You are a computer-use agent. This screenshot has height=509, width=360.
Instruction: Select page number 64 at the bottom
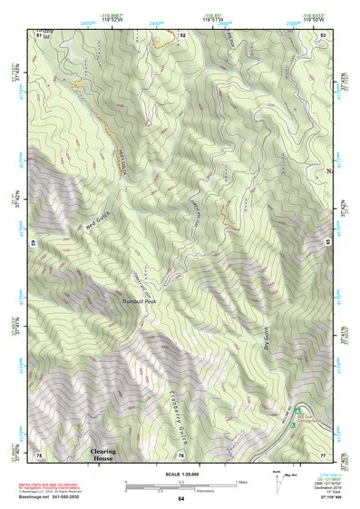[x=180, y=499]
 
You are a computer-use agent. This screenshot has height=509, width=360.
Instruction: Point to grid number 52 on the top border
[x=182, y=34]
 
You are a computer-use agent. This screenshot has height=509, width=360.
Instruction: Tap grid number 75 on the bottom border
[x=38, y=454]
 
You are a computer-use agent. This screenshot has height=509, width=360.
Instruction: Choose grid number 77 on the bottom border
[x=322, y=454]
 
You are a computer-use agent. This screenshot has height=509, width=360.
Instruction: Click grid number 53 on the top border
[x=324, y=34]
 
